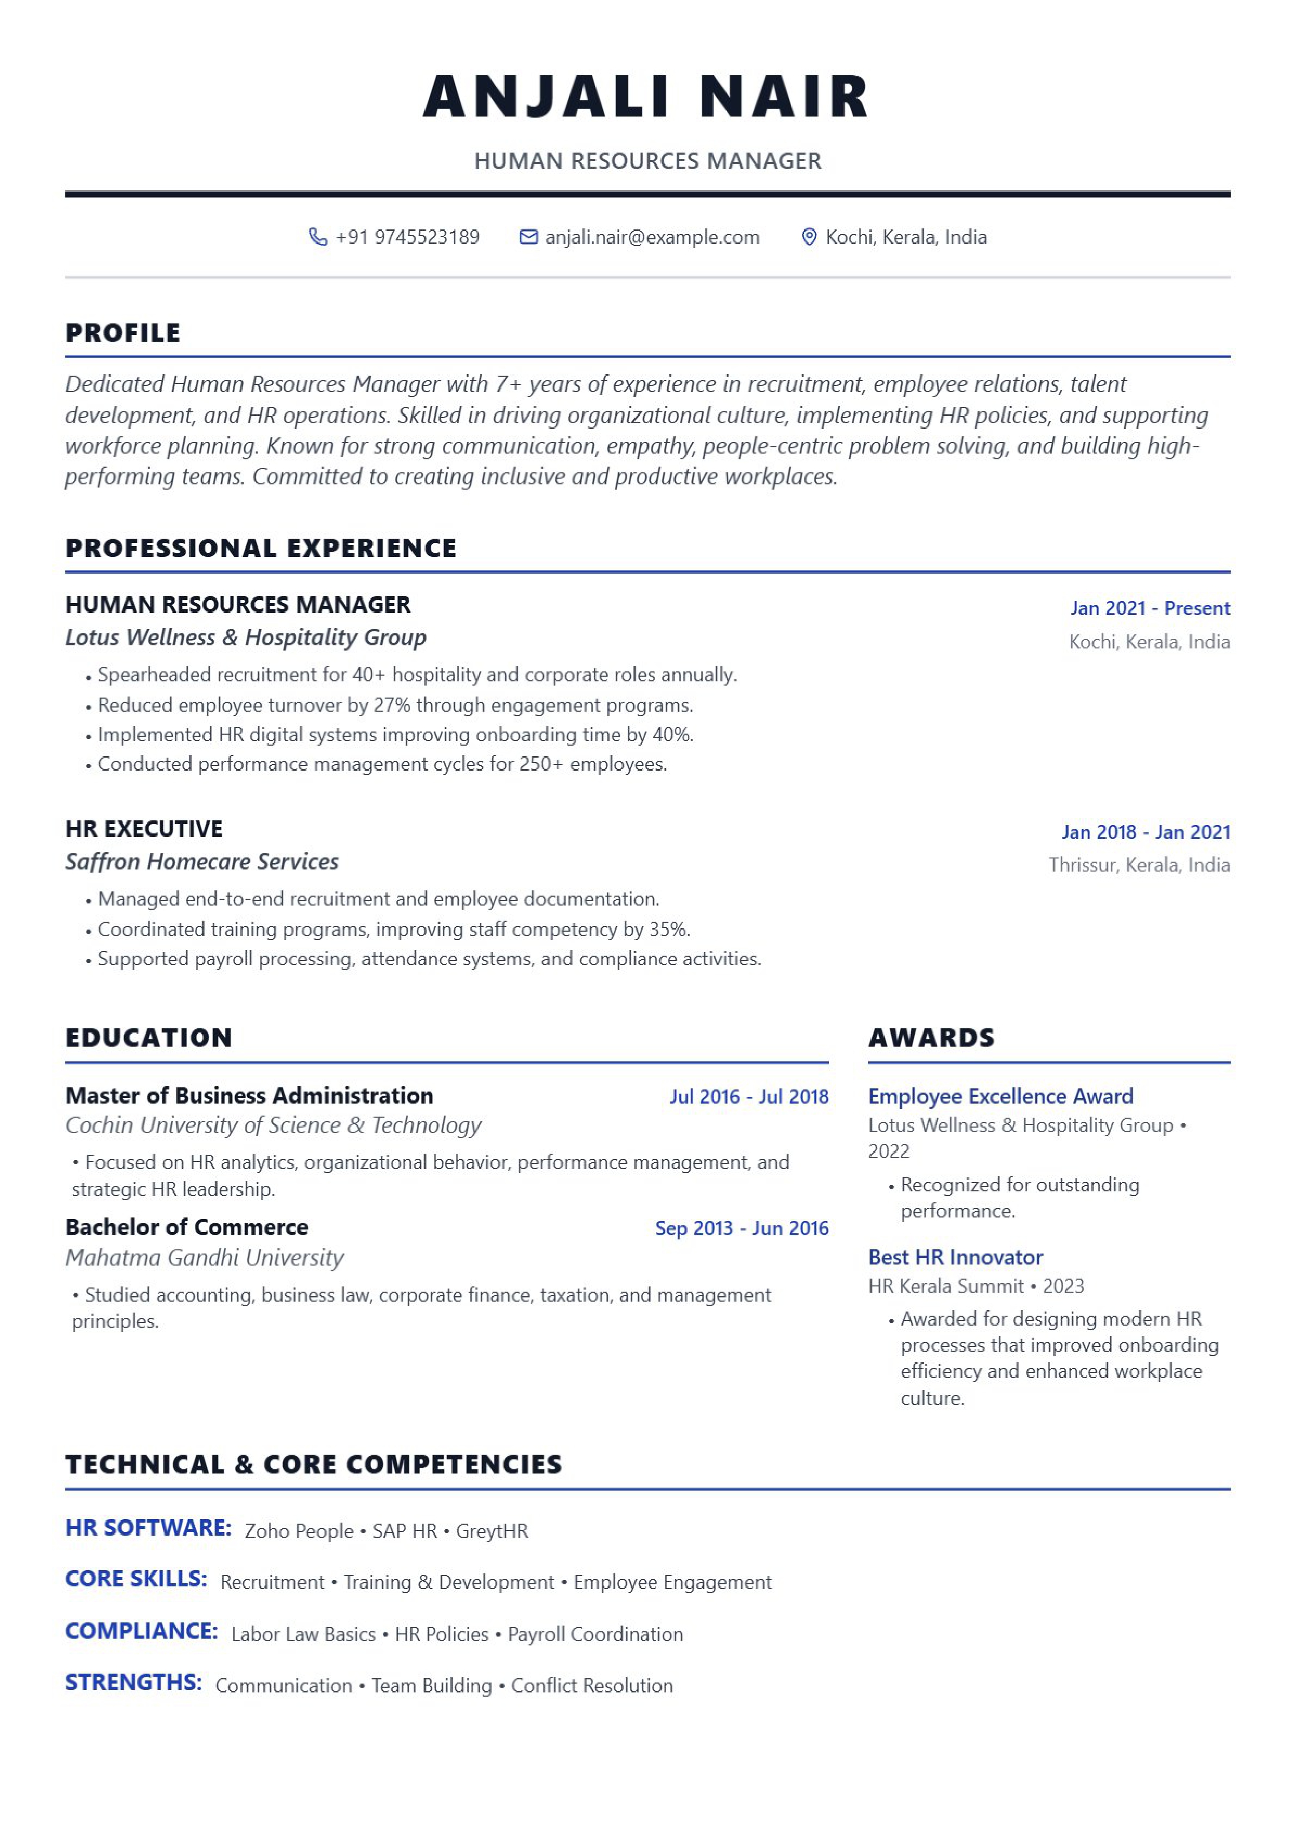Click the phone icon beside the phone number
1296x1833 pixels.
coord(318,237)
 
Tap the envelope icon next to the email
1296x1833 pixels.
coord(528,237)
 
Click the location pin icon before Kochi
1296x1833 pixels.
coord(809,237)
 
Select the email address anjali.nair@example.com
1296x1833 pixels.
coord(652,237)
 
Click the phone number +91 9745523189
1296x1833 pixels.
coord(407,237)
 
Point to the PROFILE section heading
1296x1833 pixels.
coord(123,332)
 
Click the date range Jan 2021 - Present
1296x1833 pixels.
coord(1149,608)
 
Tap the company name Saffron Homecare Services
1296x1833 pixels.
coord(202,862)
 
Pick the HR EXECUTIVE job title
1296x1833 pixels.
coord(144,829)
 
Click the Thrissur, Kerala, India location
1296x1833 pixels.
coord(1139,865)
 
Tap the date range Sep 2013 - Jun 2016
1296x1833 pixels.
coord(741,1228)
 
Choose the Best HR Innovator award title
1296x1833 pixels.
coord(955,1257)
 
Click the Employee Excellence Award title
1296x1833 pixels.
coord(1001,1096)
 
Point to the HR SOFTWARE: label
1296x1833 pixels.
coord(148,1527)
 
